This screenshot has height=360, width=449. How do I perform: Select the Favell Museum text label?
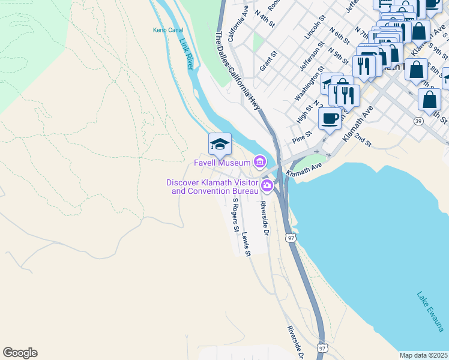coord(221,162)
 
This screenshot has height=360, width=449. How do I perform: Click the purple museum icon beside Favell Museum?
coord(260,161)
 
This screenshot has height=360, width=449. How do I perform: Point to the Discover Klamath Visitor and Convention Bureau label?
coord(212,187)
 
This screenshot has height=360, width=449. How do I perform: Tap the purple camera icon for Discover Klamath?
coord(267,187)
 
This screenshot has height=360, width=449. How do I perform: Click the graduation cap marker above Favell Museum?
coord(220,144)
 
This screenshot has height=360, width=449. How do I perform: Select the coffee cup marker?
coord(330,118)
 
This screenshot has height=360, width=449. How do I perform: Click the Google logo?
coord(20,353)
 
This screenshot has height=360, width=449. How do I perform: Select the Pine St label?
coord(303,137)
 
